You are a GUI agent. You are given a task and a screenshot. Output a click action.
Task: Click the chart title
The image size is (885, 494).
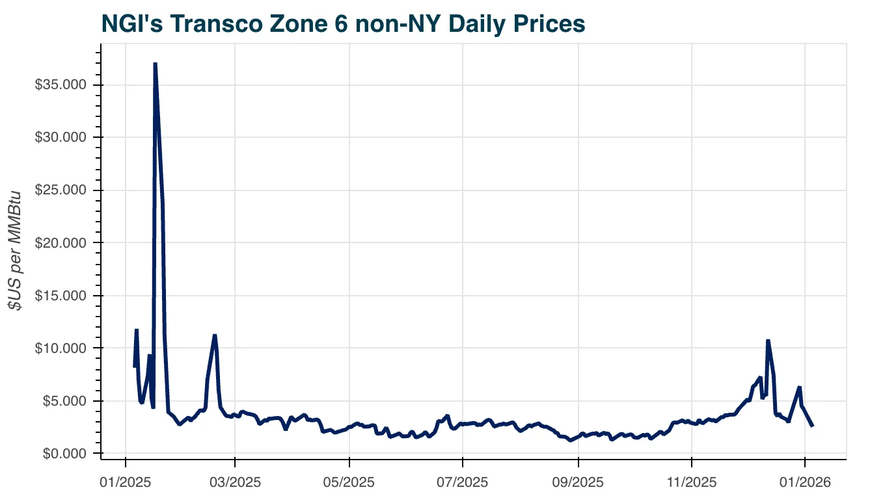(x=343, y=24)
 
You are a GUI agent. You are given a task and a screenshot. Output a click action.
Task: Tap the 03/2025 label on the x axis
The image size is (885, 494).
(x=235, y=482)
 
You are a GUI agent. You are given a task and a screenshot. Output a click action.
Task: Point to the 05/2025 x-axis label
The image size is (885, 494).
(x=349, y=482)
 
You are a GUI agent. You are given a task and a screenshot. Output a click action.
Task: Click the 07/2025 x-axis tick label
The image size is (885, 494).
(x=463, y=482)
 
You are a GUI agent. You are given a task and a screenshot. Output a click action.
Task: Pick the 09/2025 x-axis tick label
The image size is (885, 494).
(x=579, y=482)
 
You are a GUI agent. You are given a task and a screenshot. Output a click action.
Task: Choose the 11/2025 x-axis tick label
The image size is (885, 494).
(x=692, y=482)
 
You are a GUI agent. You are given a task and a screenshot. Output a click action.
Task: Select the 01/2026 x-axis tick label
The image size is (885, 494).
(x=805, y=482)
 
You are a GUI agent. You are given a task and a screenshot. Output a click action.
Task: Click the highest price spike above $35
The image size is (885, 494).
(x=155, y=64)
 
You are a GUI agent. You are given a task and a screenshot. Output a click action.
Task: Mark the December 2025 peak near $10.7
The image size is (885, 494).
(x=768, y=341)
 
